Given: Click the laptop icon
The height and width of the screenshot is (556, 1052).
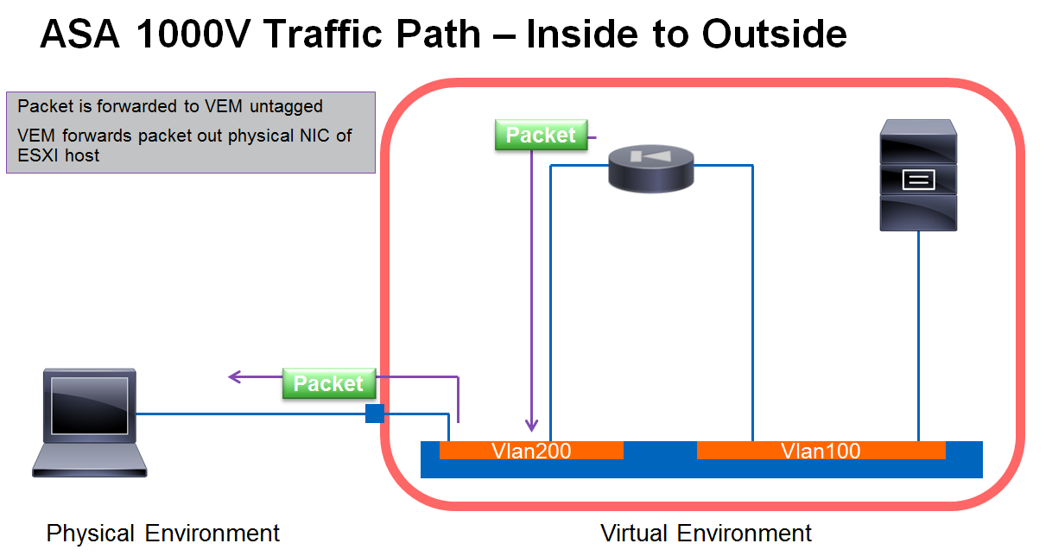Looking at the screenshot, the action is point(89,423).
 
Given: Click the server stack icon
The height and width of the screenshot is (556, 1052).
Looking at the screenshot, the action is point(918,174).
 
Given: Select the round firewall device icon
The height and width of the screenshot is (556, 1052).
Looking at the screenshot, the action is point(651,168).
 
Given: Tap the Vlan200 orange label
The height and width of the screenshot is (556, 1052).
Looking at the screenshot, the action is point(531,451).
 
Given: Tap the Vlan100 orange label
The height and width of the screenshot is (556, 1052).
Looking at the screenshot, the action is point(821,451).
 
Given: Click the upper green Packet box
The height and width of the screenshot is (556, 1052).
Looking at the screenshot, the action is point(541,135).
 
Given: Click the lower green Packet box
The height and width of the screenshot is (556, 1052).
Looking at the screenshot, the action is point(329,383).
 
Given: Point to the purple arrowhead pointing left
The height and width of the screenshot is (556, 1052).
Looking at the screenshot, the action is point(234,376).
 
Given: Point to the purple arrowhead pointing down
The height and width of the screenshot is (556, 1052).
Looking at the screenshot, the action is point(532,425).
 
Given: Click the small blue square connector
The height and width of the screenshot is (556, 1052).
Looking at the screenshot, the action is point(375,414).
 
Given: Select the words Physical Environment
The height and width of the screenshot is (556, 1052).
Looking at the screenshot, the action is point(162,533).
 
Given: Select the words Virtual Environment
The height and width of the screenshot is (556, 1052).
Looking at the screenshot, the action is point(706,533).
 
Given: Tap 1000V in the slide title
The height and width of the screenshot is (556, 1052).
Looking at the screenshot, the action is point(192,34).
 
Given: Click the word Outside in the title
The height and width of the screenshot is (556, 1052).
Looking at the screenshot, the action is point(774,34).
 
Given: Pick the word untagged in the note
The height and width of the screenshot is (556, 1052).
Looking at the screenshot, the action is point(286,106).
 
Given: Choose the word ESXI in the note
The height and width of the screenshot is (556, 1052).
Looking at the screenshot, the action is point(38,155).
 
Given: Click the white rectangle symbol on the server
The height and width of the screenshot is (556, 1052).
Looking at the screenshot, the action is point(918,180).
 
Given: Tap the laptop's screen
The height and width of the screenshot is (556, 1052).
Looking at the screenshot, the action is point(89,406).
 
